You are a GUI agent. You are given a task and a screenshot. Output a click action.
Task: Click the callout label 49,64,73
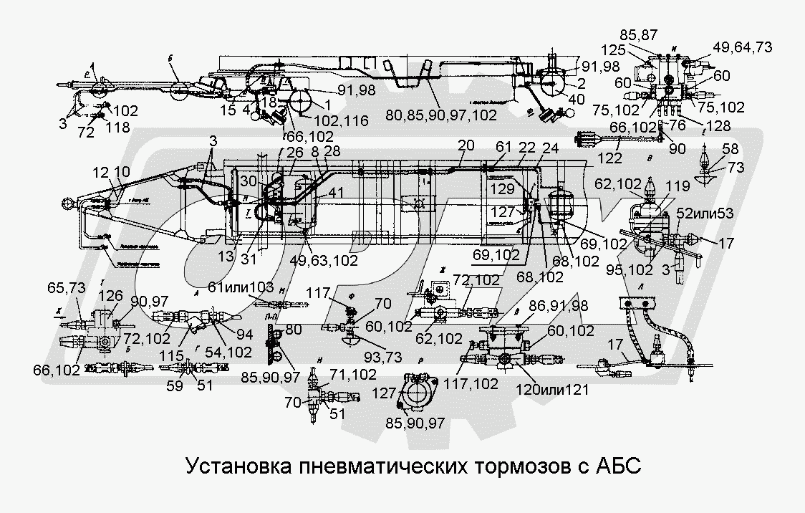pyautogui.click(x=741, y=47)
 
